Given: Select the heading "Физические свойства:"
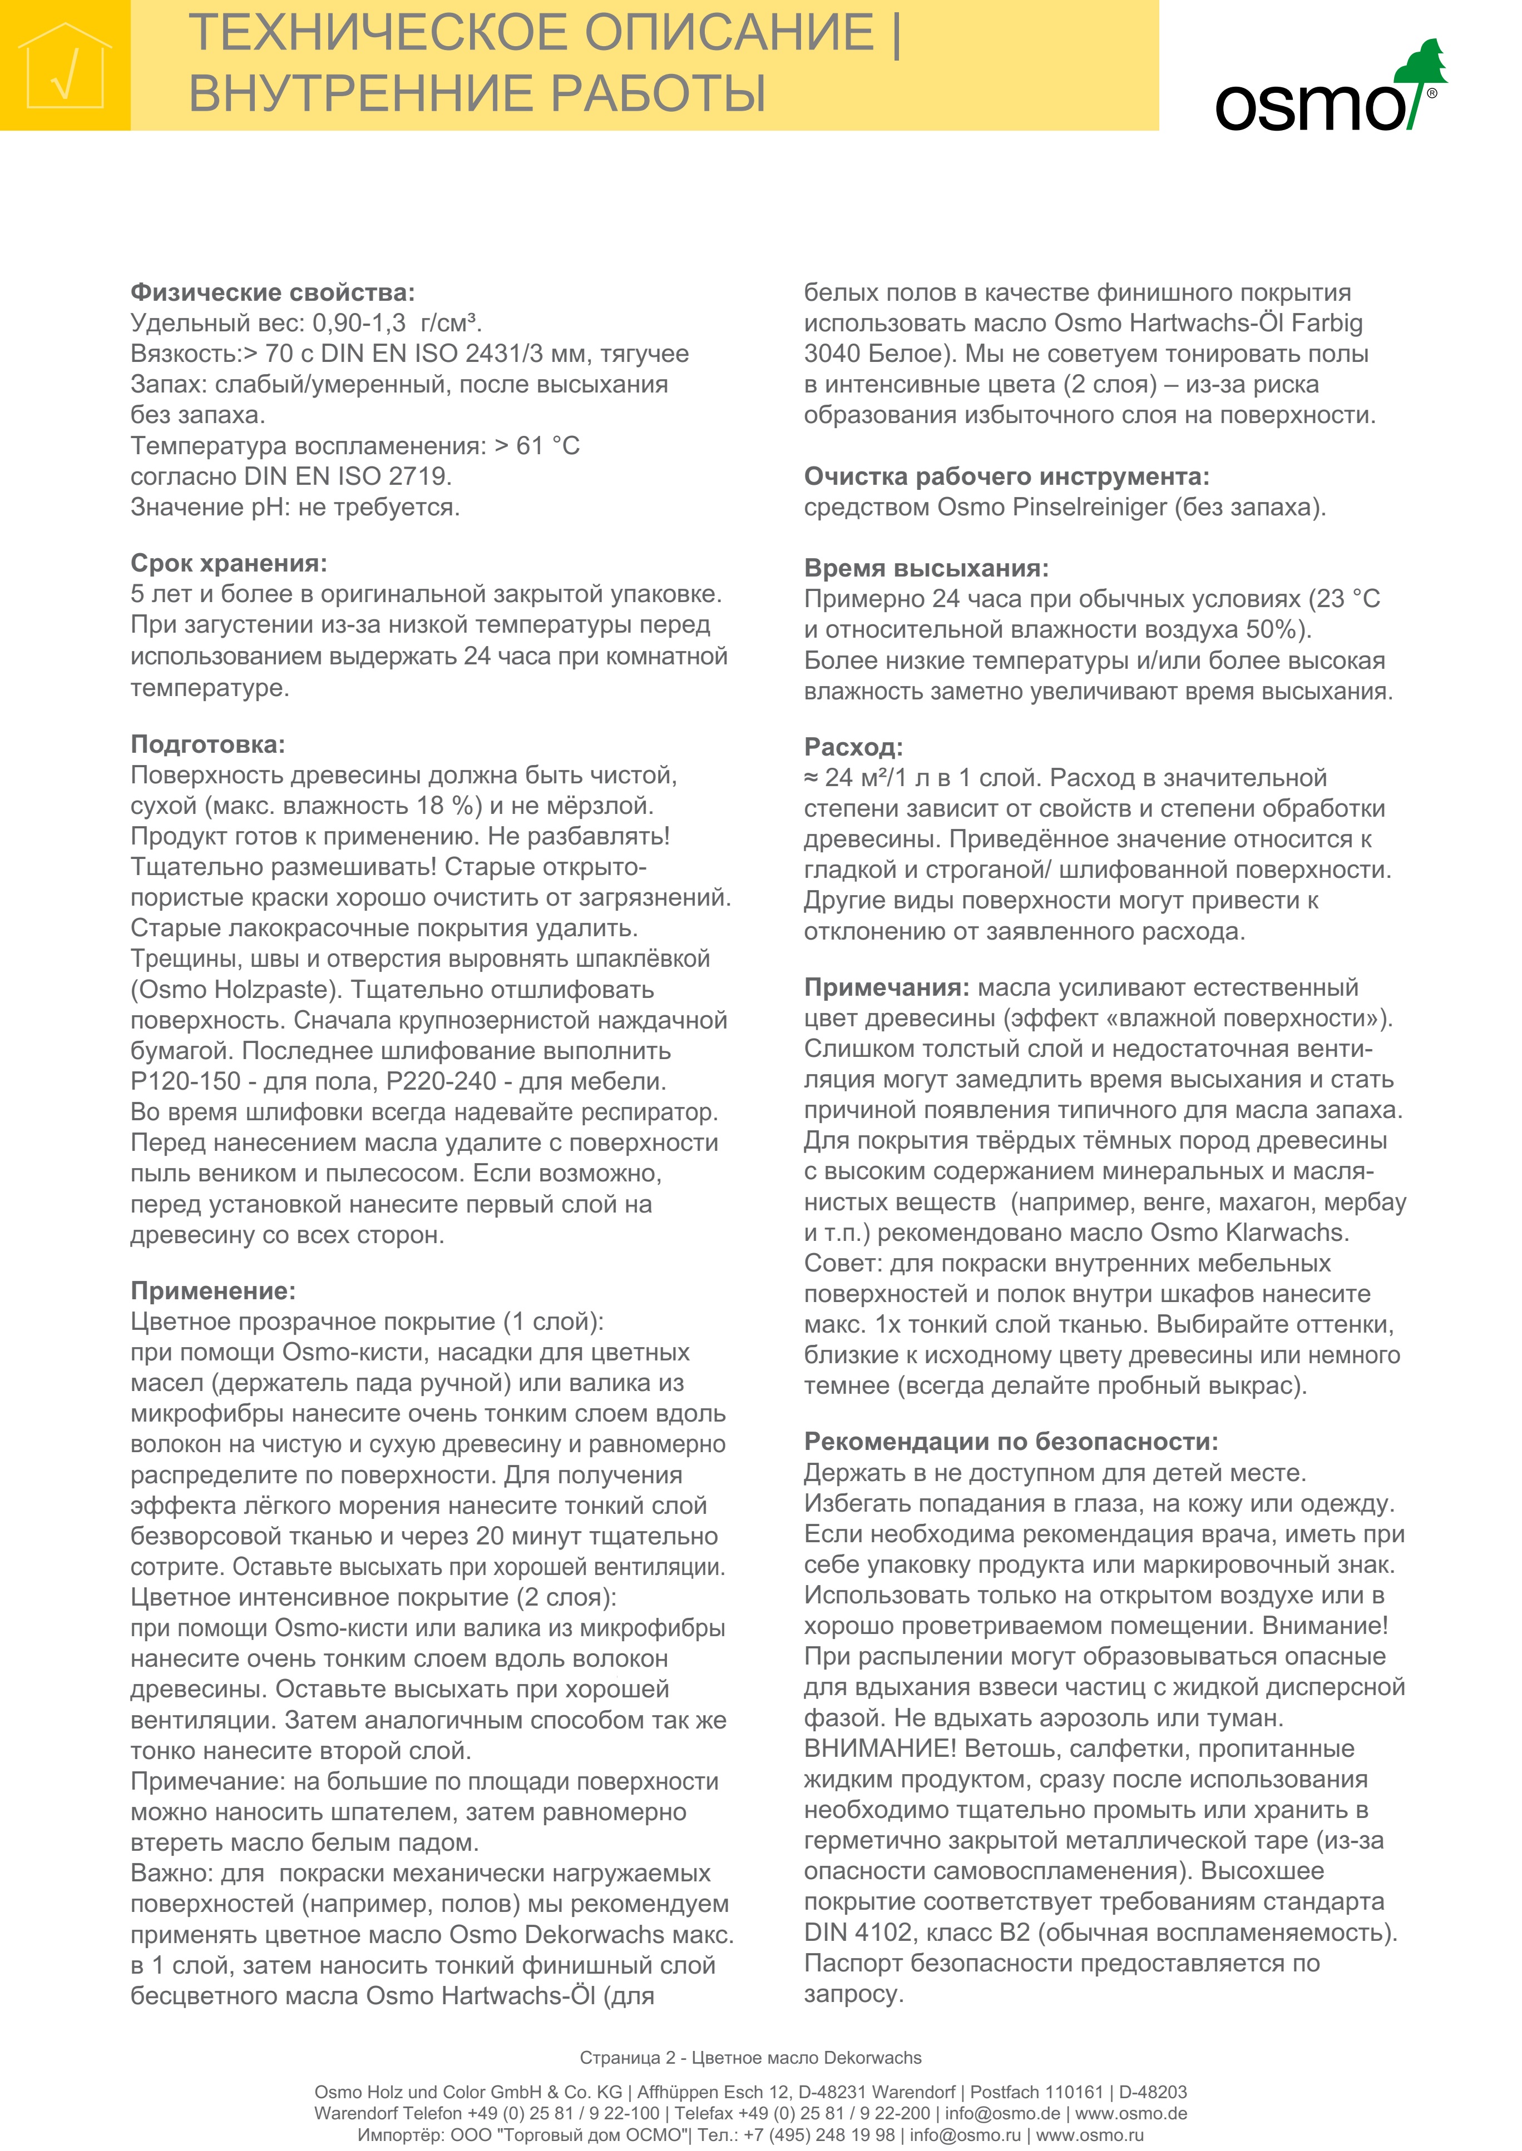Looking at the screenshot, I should (x=272, y=292).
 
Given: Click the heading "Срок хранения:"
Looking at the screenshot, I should (x=229, y=563).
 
